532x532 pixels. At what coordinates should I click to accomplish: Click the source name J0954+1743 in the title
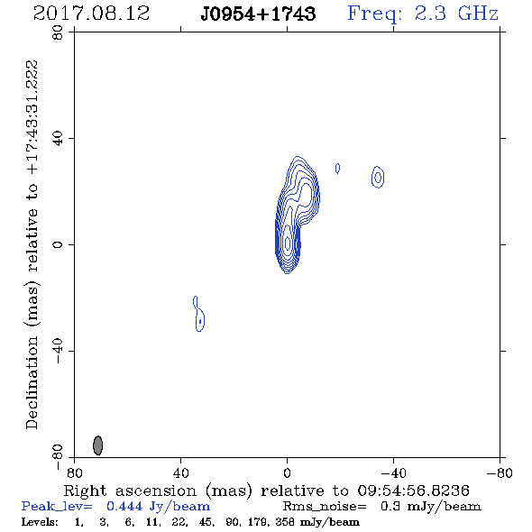(258, 14)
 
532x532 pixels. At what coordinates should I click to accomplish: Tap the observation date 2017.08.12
(92, 14)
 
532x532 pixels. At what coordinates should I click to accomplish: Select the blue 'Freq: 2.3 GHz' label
(423, 14)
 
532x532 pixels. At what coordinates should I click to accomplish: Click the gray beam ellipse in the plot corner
(97, 445)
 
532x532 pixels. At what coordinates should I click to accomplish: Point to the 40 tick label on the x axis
(180, 472)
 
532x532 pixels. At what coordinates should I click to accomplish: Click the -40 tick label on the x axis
(393, 472)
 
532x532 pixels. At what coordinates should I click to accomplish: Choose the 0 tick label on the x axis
(287, 472)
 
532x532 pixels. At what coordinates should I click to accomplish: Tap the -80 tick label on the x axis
(500, 472)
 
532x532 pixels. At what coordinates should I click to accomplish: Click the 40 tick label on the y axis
(58, 138)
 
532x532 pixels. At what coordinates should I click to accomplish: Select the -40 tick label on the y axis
(58, 351)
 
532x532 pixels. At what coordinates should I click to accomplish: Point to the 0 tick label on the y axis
(58, 244)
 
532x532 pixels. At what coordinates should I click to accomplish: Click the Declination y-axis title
(32, 244)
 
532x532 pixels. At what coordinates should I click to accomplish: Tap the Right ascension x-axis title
(267, 491)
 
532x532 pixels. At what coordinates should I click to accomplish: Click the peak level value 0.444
(124, 506)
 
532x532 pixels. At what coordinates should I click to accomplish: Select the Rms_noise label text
(325, 507)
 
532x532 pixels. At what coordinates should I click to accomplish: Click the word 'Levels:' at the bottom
(40, 521)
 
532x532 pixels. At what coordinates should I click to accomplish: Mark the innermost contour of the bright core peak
(288, 243)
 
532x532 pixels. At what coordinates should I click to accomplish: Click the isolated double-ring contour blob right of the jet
(378, 177)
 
